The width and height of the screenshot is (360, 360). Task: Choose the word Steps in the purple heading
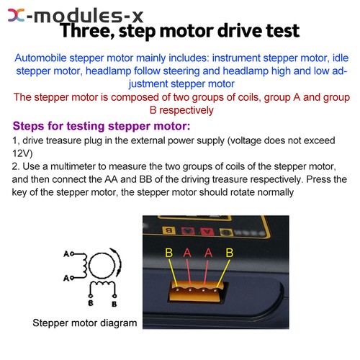[31, 125]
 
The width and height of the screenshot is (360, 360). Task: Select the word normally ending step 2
[270, 192]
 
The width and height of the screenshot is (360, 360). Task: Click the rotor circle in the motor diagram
[100, 266]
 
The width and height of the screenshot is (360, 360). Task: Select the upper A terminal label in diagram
[66, 254]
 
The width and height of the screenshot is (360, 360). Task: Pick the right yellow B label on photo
[229, 252]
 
